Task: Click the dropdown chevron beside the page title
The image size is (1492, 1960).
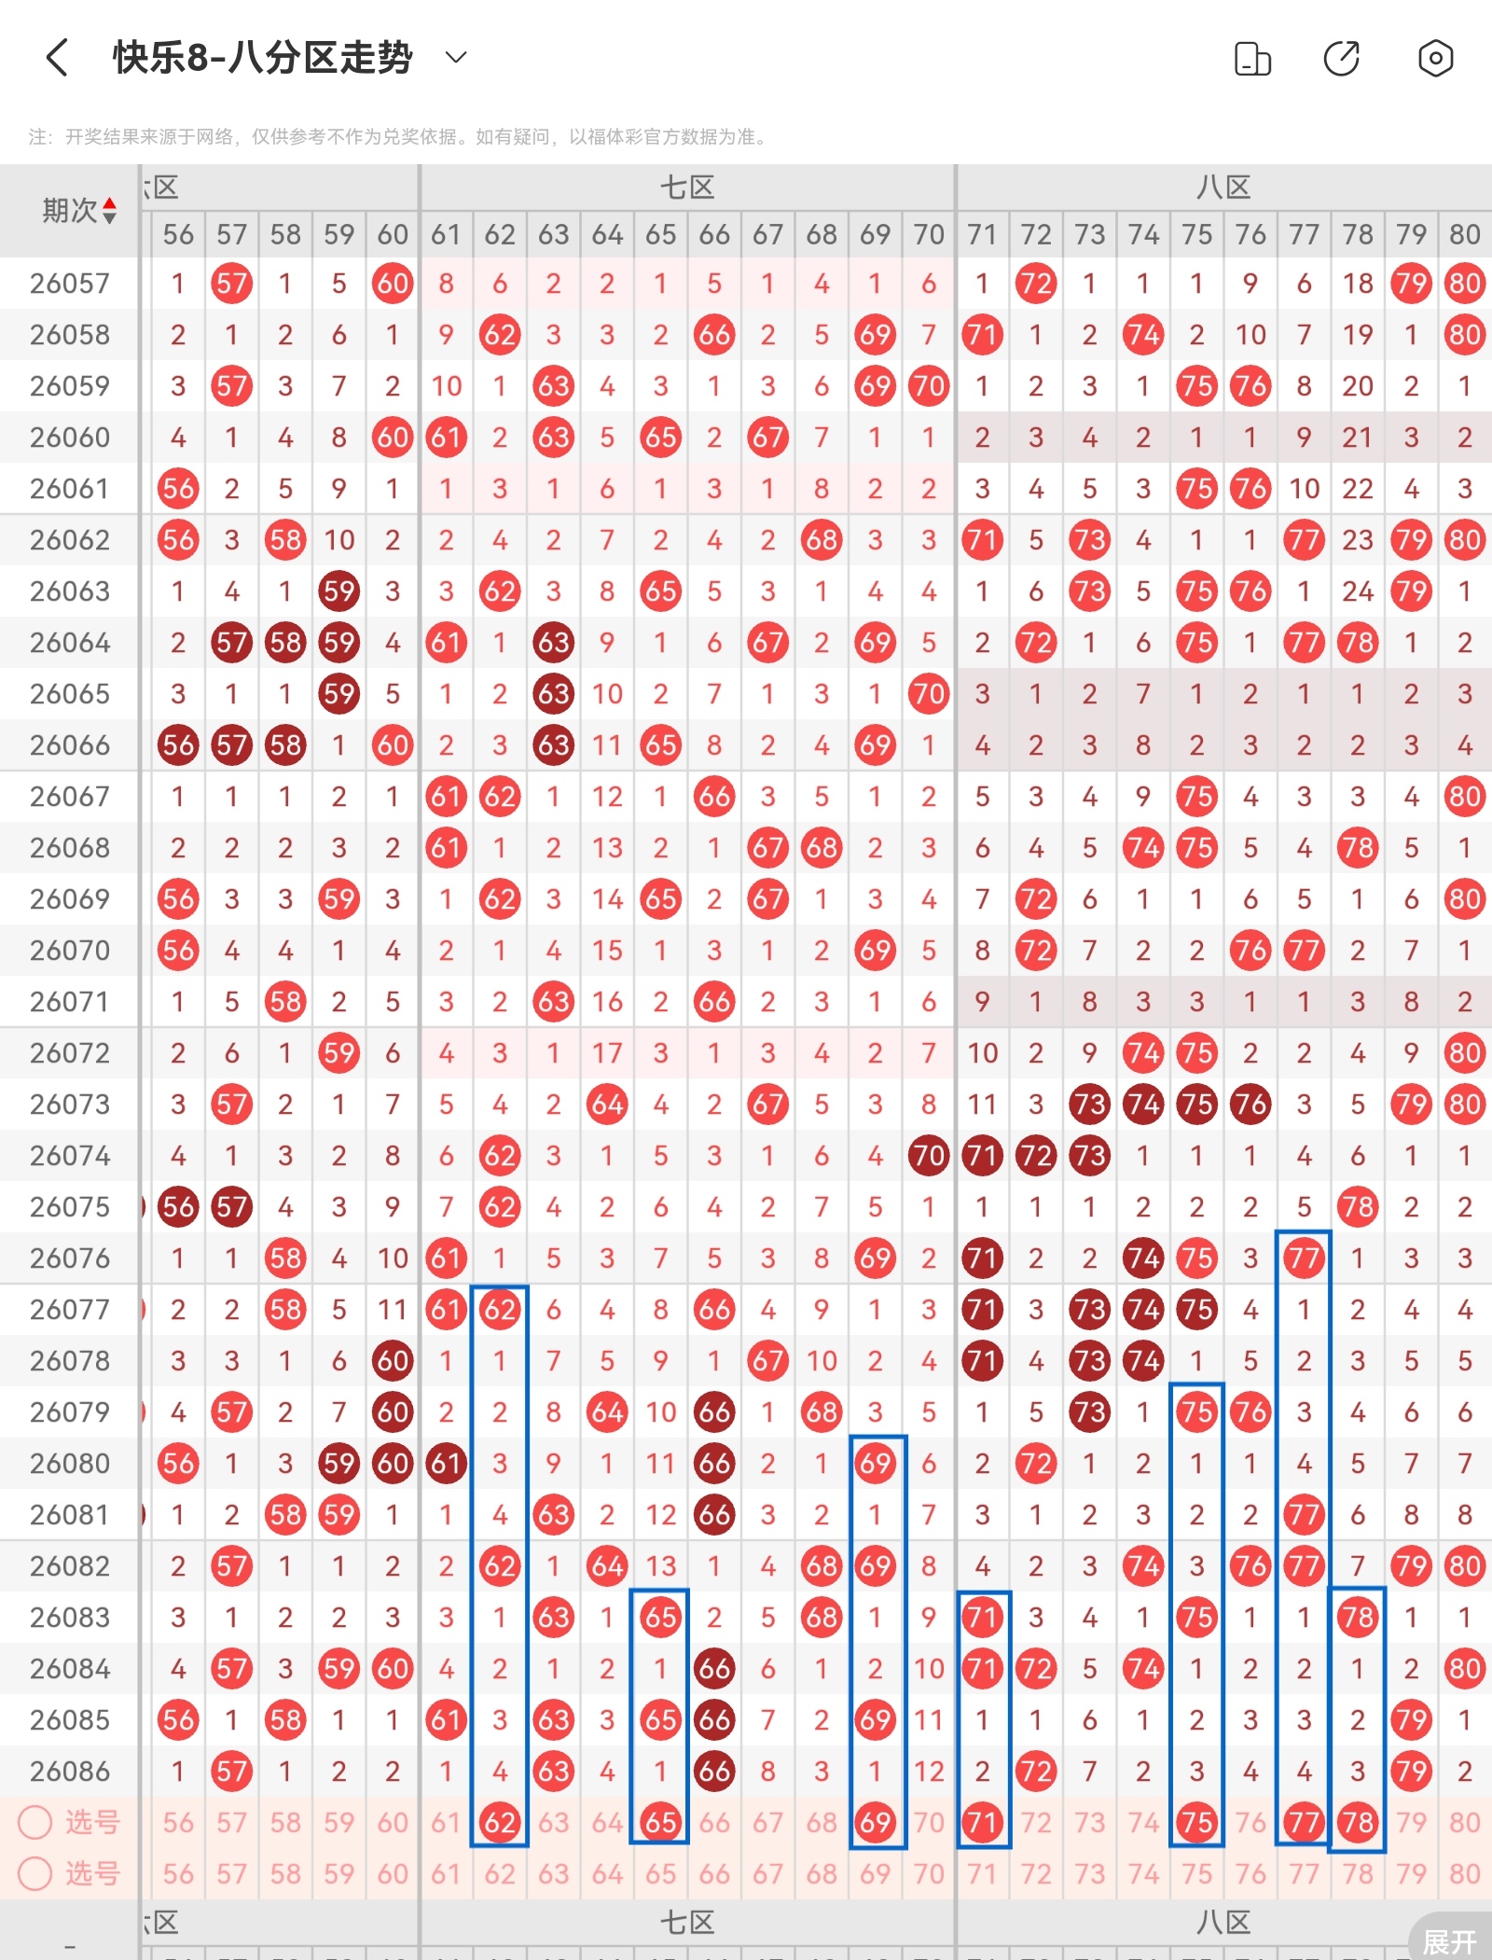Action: tap(456, 58)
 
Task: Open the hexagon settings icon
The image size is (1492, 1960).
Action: tap(1435, 59)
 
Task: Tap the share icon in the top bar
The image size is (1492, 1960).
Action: tap(1342, 59)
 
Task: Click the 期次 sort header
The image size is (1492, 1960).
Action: tap(79, 211)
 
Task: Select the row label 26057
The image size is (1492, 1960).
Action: tap(70, 284)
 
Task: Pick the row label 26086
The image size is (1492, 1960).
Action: tap(70, 1771)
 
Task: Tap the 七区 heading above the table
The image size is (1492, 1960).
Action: tap(687, 188)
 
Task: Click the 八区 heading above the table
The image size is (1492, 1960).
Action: tap(1223, 188)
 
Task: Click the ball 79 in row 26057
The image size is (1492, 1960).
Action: tap(1411, 284)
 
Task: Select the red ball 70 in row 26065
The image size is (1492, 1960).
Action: tap(928, 694)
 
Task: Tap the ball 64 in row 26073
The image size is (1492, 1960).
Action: tap(607, 1105)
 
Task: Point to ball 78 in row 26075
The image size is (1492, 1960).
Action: tap(1358, 1207)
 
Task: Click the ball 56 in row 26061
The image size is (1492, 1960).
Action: tap(178, 489)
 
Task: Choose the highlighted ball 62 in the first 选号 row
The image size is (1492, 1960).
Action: tap(500, 1822)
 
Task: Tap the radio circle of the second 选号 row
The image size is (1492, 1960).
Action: tap(35, 1873)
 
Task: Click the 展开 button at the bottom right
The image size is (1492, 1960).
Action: tap(1449, 1941)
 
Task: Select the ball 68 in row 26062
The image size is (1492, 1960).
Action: tap(822, 540)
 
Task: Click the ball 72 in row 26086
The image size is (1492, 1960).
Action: tap(1035, 1771)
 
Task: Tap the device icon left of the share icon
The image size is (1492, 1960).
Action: tap(1252, 59)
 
